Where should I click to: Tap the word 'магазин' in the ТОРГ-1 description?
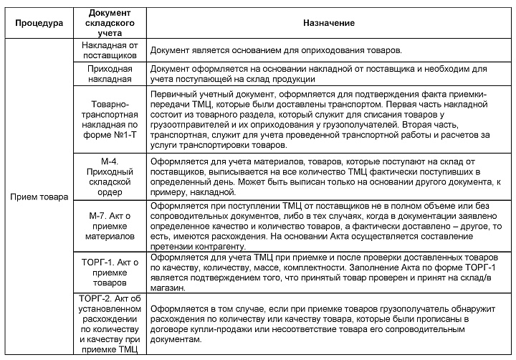171,289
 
